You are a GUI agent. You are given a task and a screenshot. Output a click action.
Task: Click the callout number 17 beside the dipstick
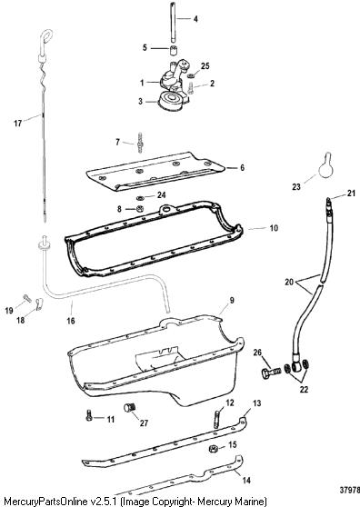click(x=18, y=124)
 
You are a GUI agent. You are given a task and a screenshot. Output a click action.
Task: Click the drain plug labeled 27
click(x=130, y=407)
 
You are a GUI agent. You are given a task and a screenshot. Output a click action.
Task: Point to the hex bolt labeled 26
click(x=271, y=373)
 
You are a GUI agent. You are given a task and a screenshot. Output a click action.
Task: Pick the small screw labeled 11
click(x=89, y=415)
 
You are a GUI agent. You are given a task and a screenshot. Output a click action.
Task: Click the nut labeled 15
click(x=213, y=449)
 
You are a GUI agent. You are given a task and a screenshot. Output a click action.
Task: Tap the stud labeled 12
click(x=217, y=418)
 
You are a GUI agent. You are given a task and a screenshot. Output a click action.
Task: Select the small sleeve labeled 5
click(x=175, y=51)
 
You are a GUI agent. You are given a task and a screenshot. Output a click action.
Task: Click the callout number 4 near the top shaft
click(x=195, y=19)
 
